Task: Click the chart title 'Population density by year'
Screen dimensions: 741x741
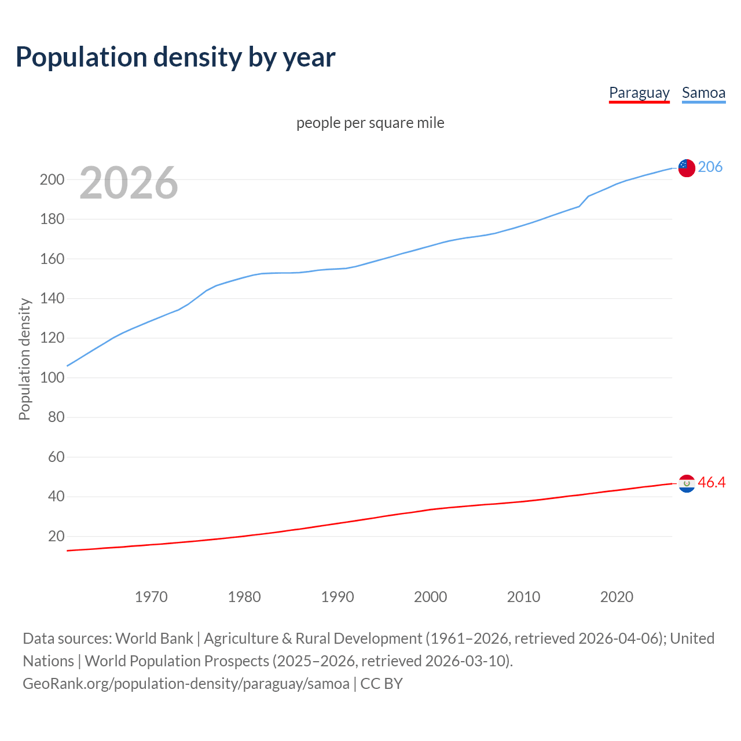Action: pyautogui.click(x=175, y=57)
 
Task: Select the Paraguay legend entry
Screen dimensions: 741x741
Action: pyautogui.click(x=639, y=93)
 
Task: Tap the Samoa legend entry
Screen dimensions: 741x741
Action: pyautogui.click(x=703, y=93)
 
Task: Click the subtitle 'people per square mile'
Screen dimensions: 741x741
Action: pyautogui.click(x=370, y=123)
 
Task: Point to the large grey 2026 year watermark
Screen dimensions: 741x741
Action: pyautogui.click(x=129, y=183)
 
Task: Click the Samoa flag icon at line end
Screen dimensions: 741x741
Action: pyautogui.click(x=687, y=168)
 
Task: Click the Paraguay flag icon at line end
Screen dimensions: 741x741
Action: pyautogui.click(x=687, y=483)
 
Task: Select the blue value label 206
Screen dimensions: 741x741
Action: pyautogui.click(x=710, y=167)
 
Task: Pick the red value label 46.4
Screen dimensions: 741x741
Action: pyautogui.click(x=711, y=482)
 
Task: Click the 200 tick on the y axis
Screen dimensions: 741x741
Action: pyautogui.click(x=52, y=179)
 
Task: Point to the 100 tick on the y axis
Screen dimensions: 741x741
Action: pyautogui.click(x=52, y=377)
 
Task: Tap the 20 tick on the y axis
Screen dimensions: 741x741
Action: pyautogui.click(x=56, y=536)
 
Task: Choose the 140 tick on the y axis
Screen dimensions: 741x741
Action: pyautogui.click(x=52, y=298)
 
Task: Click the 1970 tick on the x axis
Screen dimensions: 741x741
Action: pyautogui.click(x=151, y=596)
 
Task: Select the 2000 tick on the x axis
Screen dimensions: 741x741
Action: pyautogui.click(x=430, y=596)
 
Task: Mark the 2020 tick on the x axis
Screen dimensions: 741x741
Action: pyautogui.click(x=617, y=596)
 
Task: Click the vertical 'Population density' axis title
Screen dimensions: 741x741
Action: pyautogui.click(x=24, y=359)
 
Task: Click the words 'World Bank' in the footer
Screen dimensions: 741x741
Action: pyautogui.click(x=154, y=638)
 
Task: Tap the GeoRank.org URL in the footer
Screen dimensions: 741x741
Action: pyautogui.click(x=186, y=683)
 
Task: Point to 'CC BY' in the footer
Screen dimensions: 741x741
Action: pyautogui.click(x=381, y=683)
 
